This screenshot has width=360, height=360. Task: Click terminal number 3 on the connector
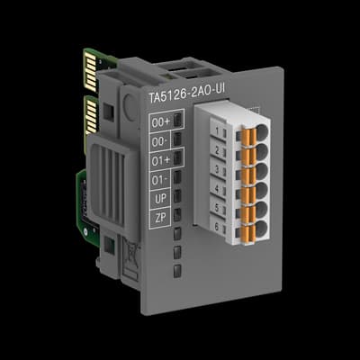pyautogui.click(x=219, y=168)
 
